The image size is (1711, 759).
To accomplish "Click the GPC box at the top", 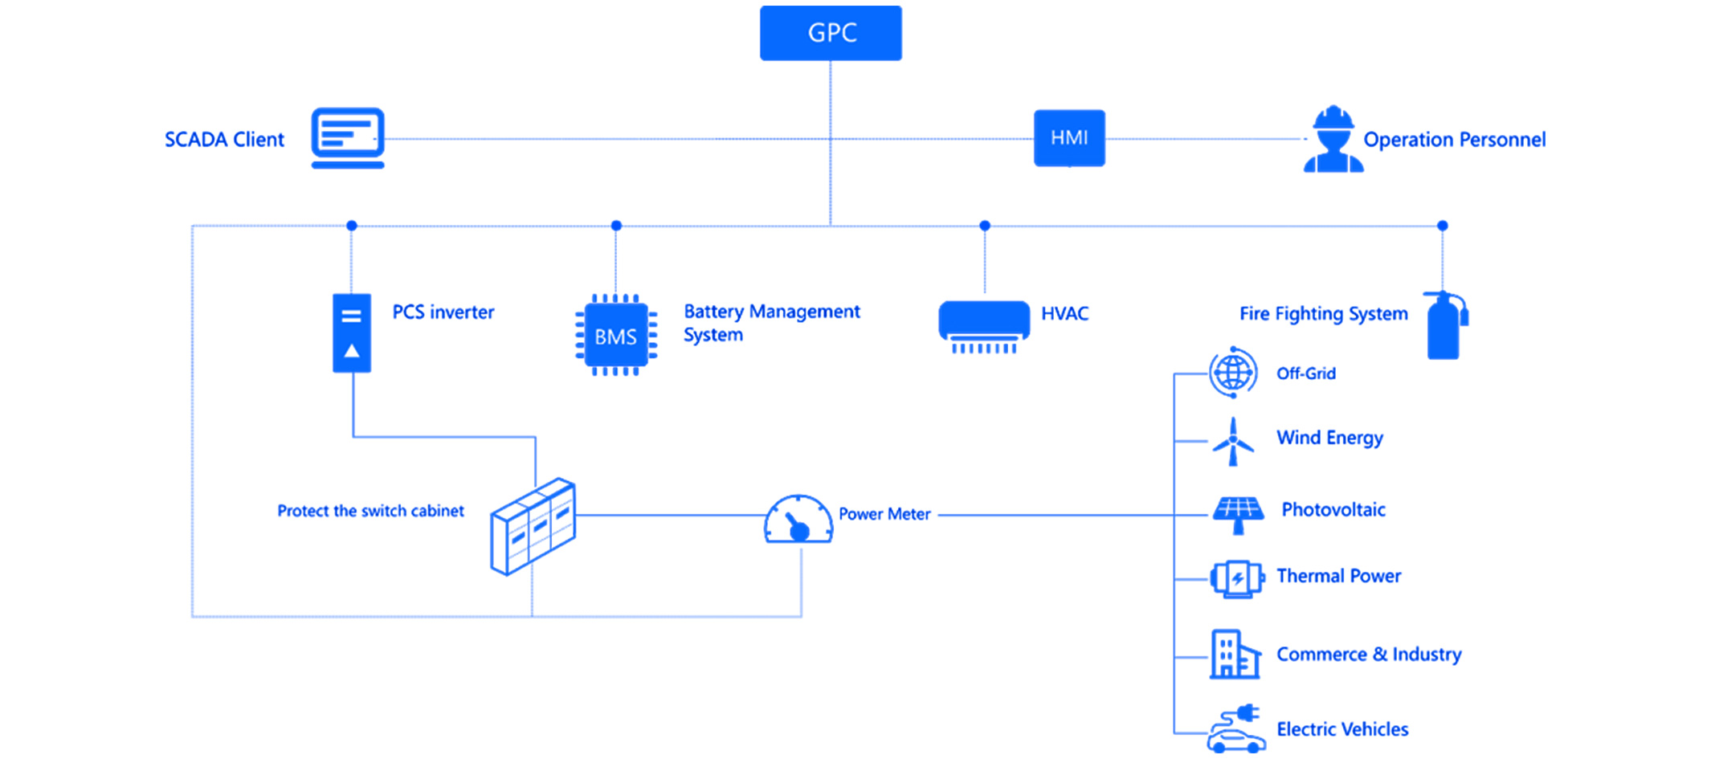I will pyautogui.click(x=831, y=33).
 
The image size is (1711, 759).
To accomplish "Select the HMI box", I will pyautogui.click(x=1069, y=138).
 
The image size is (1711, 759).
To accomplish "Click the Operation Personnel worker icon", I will pyautogui.click(x=1333, y=140).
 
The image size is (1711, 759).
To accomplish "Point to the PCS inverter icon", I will pyautogui.click(x=352, y=333).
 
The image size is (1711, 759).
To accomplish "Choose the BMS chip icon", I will pyautogui.click(x=616, y=336).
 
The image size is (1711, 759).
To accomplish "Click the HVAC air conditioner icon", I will pyautogui.click(x=984, y=325).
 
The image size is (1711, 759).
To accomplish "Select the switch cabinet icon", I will pyautogui.click(x=533, y=526).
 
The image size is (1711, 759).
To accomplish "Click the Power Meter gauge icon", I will pyautogui.click(x=798, y=520).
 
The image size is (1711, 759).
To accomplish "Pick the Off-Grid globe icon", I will pyautogui.click(x=1233, y=373).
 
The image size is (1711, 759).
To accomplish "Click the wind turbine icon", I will pyautogui.click(x=1233, y=441).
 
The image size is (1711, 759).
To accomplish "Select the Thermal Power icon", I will pyautogui.click(x=1237, y=578).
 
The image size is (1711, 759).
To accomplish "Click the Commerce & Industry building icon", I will pyautogui.click(x=1235, y=655).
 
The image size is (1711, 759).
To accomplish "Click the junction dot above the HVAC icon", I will pyautogui.click(x=985, y=226).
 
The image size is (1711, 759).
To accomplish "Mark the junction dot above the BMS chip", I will pyautogui.click(x=616, y=226).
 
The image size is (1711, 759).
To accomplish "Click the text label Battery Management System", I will pyautogui.click(x=771, y=323).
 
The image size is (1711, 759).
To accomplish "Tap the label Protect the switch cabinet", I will pyautogui.click(x=370, y=511).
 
